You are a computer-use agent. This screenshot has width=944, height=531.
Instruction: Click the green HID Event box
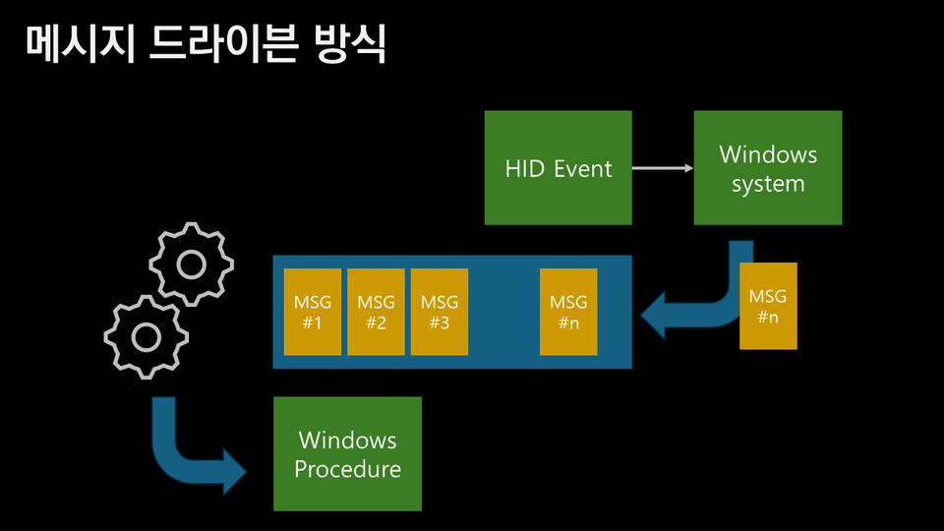pyautogui.click(x=558, y=167)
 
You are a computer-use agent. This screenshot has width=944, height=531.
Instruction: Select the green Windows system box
pyautogui.click(x=767, y=167)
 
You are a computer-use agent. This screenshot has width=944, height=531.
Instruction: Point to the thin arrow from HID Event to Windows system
pyautogui.click(x=662, y=168)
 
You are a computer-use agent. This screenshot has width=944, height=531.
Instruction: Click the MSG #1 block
pyautogui.click(x=313, y=311)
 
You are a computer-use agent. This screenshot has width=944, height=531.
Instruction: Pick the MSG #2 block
pyautogui.click(x=376, y=311)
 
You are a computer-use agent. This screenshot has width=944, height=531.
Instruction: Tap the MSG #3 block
pyautogui.click(x=439, y=311)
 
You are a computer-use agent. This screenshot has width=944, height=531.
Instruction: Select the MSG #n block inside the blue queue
pyautogui.click(x=568, y=311)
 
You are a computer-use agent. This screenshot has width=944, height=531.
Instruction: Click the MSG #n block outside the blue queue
pyautogui.click(x=768, y=306)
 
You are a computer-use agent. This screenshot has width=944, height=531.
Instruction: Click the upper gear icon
pyautogui.click(x=191, y=264)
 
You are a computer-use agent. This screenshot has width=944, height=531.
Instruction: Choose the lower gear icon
pyautogui.click(x=147, y=337)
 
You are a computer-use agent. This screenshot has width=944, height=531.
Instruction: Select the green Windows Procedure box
pyautogui.click(x=347, y=453)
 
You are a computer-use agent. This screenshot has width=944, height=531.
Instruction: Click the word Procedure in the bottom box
pyautogui.click(x=347, y=469)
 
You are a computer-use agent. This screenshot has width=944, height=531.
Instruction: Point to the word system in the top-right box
pyautogui.click(x=768, y=184)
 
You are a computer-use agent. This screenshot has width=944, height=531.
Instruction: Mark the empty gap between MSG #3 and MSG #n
pyautogui.click(x=503, y=311)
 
